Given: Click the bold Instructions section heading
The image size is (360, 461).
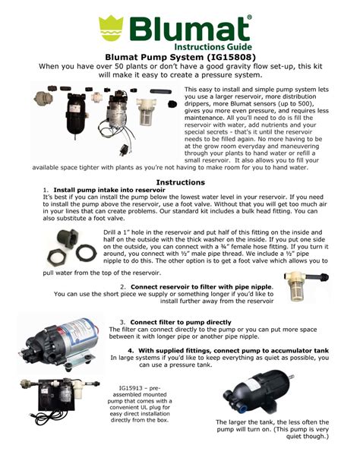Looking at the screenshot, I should [x=180, y=182].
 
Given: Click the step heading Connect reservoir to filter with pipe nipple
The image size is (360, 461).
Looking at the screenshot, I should [x=198, y=287].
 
